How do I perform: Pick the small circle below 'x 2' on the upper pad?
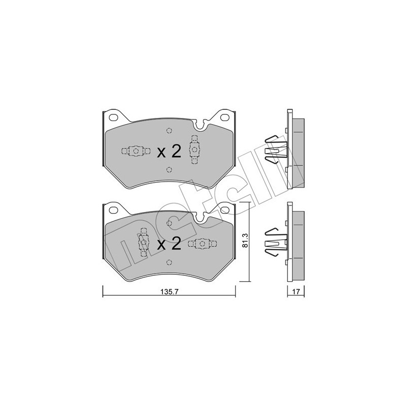[169, 170]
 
